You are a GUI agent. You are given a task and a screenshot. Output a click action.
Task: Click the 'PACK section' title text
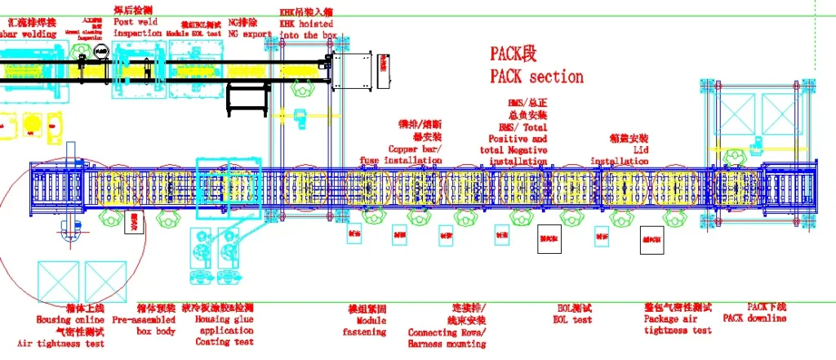pos(536,77)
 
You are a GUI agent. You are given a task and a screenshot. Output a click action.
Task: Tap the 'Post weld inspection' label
pos(137,28)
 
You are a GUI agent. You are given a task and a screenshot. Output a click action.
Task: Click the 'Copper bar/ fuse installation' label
pos(402,156)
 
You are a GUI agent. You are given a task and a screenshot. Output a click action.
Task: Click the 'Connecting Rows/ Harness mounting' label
pos(447,338)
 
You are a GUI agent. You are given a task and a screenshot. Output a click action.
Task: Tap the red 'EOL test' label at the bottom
pos(574,320)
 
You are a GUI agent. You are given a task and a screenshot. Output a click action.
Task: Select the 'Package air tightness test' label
pos(678,325)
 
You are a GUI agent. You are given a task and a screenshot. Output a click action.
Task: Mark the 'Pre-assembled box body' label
pos(144,326)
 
